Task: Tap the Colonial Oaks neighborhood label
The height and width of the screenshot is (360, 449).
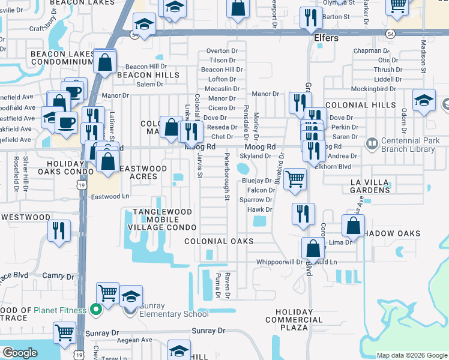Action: point(218,241)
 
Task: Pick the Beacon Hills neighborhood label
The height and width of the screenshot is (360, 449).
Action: point(148,75)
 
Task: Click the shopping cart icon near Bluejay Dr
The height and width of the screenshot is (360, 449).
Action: point(295,179)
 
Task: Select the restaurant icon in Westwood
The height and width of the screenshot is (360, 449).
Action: point(59,231)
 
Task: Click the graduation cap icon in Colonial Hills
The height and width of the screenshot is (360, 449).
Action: point(424,100)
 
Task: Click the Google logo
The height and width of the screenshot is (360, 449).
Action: point(20,353)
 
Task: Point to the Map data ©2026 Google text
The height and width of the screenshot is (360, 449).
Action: point(411,355)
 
